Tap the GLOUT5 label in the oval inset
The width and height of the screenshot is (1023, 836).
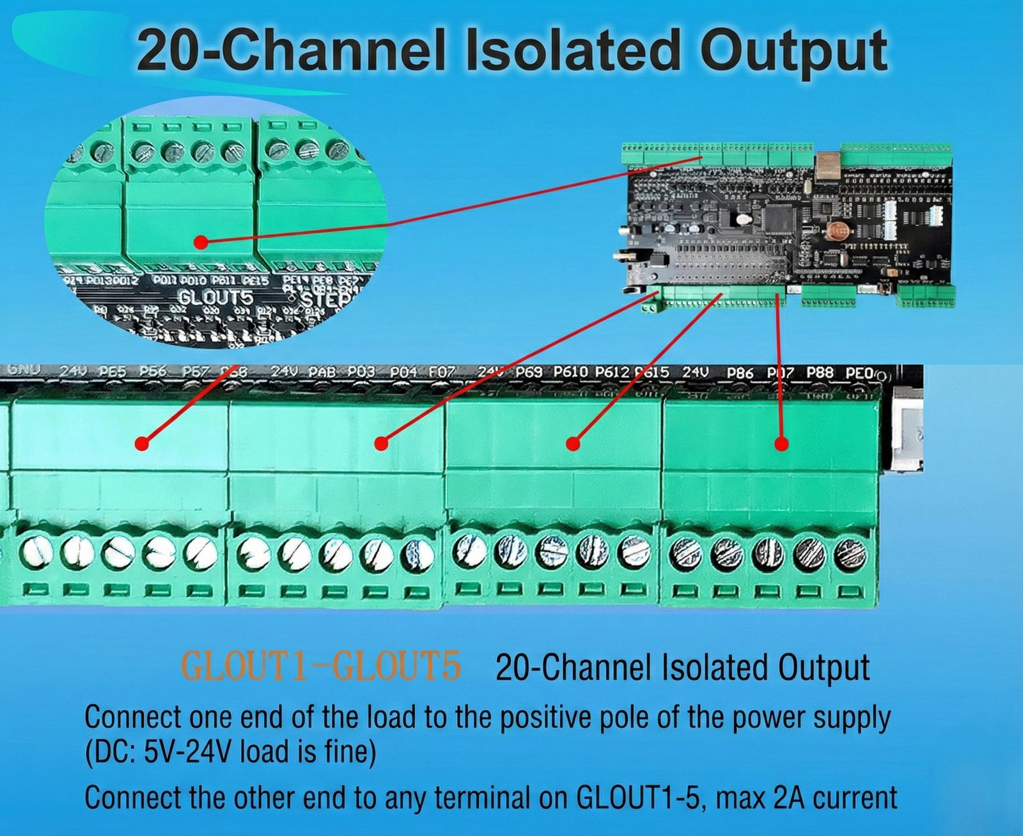tap(215, 297)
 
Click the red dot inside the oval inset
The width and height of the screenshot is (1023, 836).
tap(201, 242)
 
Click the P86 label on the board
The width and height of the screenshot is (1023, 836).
tap(740, 372)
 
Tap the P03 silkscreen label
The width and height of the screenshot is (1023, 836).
tap(361, 372)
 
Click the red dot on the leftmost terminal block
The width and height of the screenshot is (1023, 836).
tap(142, 443)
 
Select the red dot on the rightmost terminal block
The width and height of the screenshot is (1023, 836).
tap(781, 443)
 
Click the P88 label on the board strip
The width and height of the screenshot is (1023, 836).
tap(820, 372)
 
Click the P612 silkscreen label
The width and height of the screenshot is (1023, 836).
tap(612, 372)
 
